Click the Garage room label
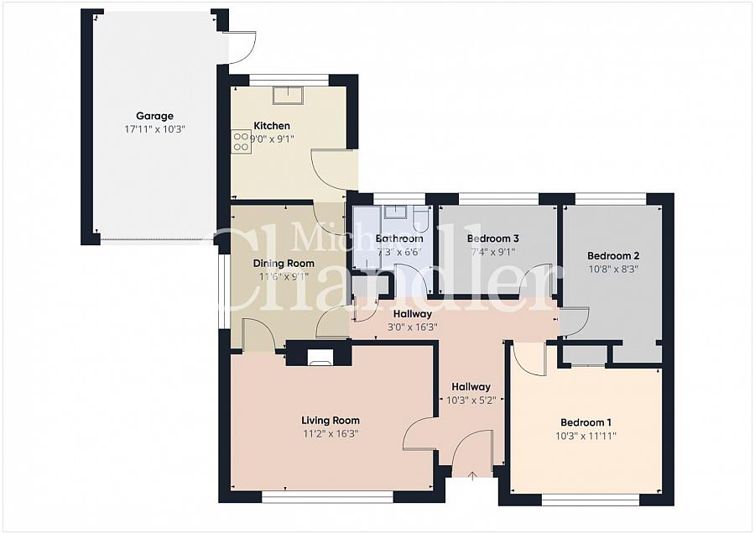154,116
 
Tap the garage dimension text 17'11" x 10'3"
154,129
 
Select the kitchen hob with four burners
241,142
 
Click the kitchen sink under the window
288,96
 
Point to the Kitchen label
272,126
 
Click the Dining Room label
284,263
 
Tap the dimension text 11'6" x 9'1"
284,276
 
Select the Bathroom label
399,238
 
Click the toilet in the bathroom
421,217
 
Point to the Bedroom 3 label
493,238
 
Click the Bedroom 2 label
613,255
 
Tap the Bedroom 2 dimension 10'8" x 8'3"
613,269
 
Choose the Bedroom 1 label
586,422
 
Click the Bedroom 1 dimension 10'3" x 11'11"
586,436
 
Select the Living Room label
331,421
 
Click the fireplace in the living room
320,357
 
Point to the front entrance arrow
472,476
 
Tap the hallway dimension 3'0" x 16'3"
413,327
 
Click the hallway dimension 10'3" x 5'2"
471,400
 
